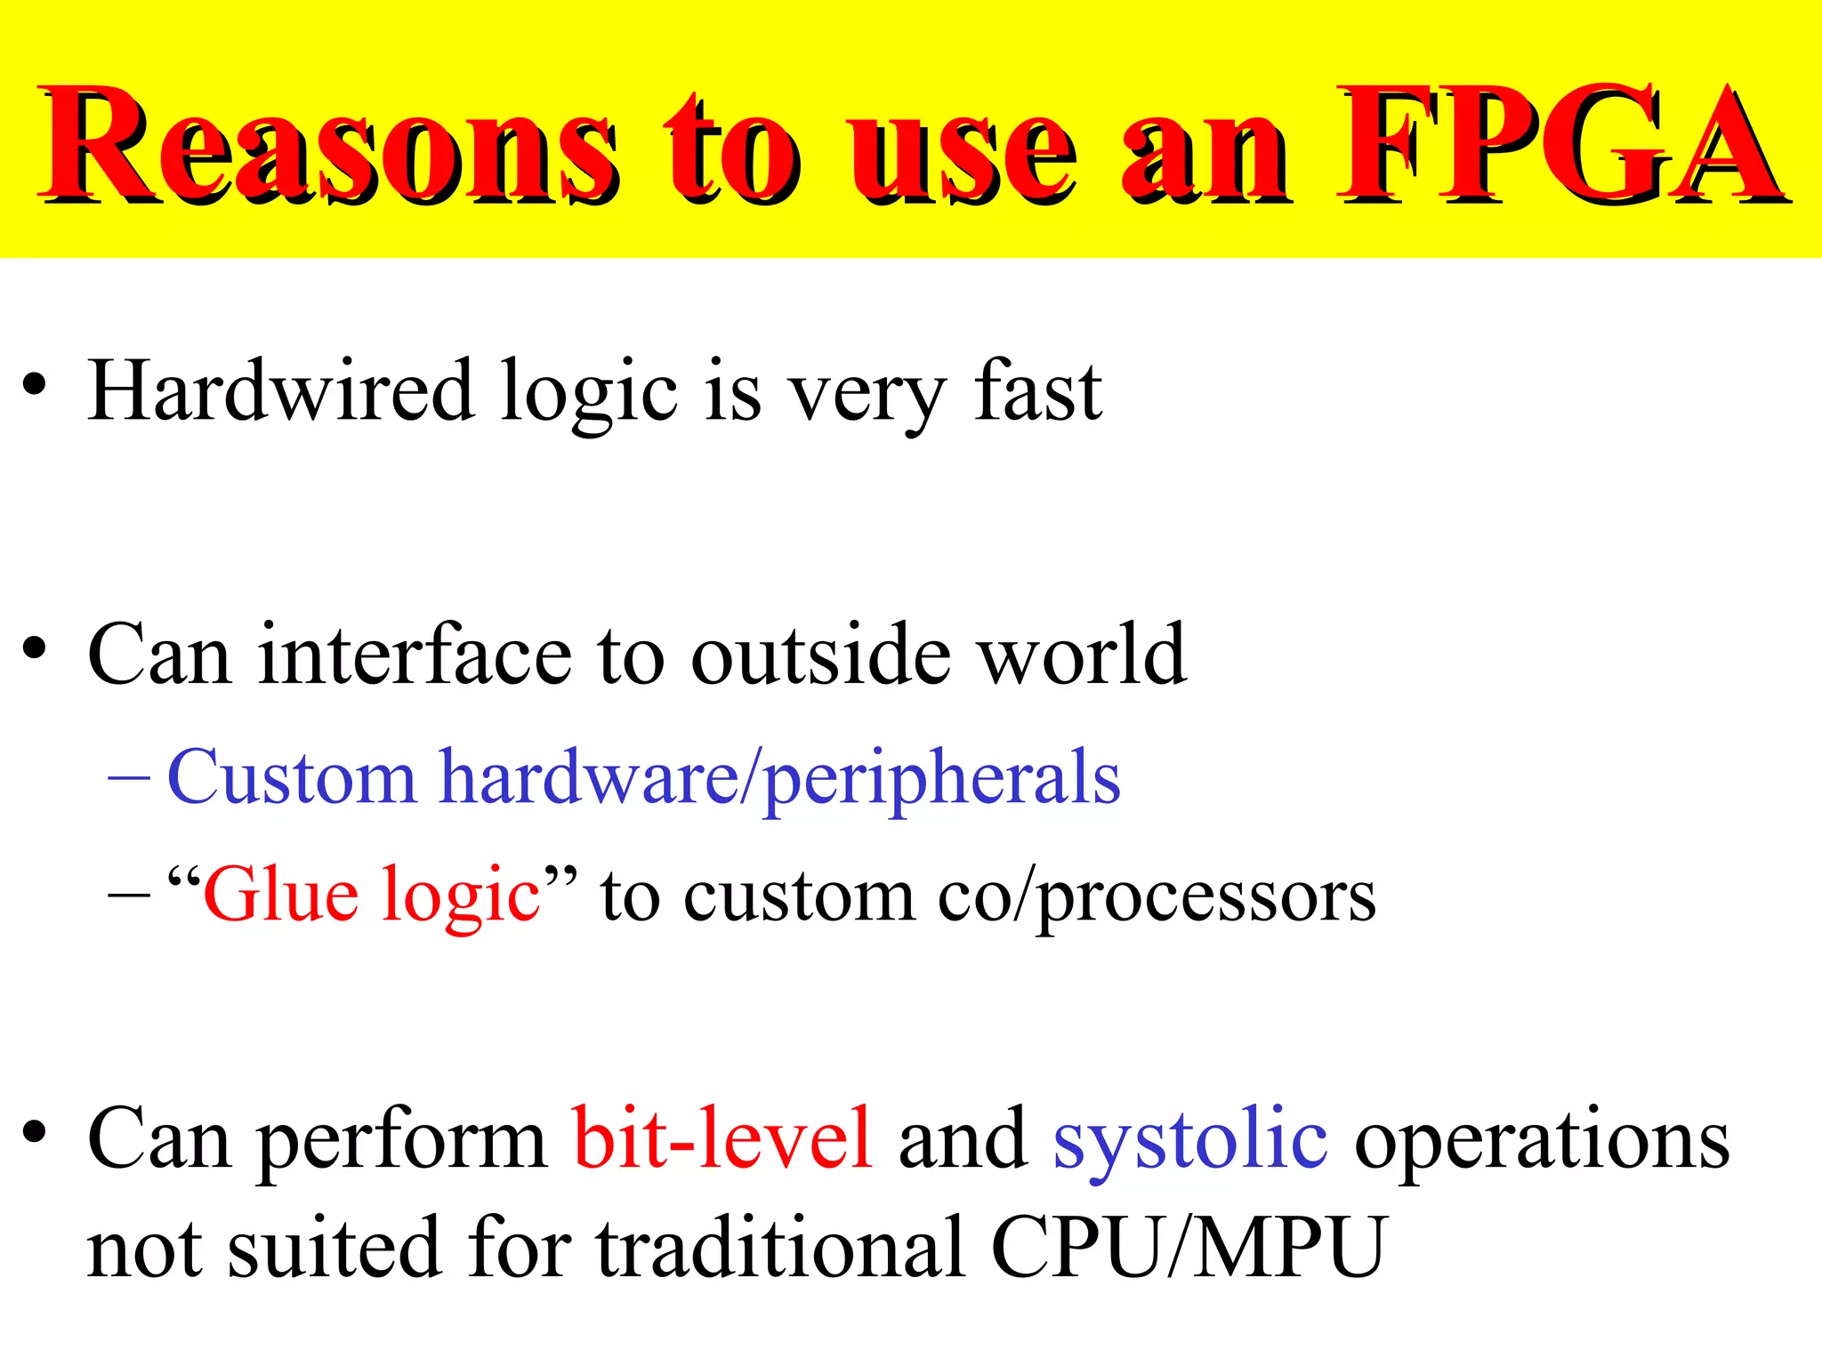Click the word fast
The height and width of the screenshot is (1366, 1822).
pyautogui.click(x=1037, y=391)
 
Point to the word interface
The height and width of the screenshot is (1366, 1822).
pyautogui.click(x=415, y=655)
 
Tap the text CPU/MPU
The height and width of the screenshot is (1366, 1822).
pyautogui.click(x=1187, y=1248)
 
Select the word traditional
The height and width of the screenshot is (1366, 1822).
pyautogui.click(x=780, y=1248)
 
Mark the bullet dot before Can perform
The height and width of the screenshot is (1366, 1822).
pyautogui.click(x=35, y=1134)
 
